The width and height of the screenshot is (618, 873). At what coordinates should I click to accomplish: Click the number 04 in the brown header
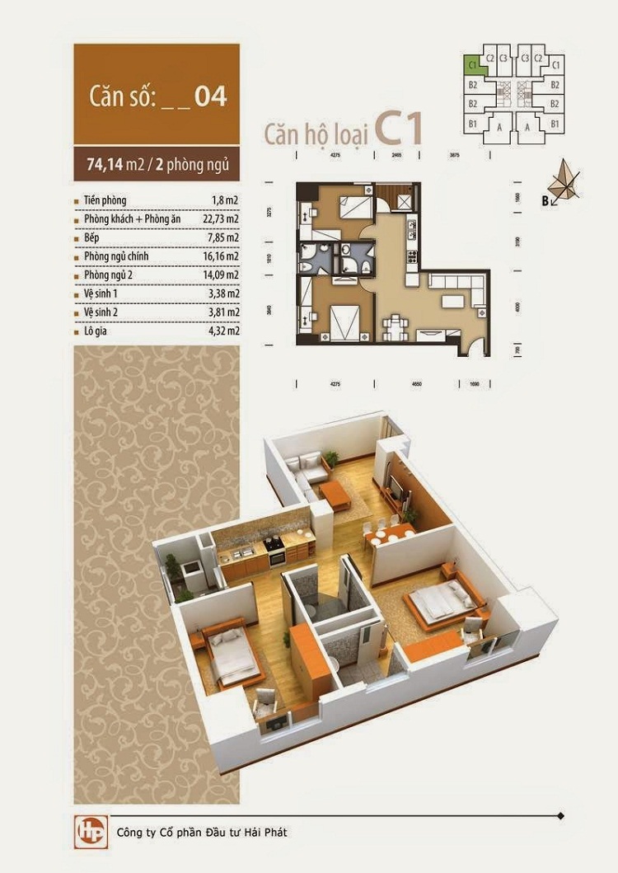(210, 96)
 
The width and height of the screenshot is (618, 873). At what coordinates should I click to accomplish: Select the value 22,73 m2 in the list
(222, 219)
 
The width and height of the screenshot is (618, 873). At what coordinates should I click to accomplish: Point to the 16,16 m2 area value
(222, 256)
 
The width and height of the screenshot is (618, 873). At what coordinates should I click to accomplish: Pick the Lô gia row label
(96, 331)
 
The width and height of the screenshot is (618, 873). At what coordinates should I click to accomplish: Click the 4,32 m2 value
(224, 331)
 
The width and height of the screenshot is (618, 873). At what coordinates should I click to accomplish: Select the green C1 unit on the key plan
(473, 63)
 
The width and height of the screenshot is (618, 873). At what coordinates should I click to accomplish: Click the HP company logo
(87, 831)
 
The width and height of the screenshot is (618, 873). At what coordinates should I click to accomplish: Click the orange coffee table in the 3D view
(335, 495)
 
